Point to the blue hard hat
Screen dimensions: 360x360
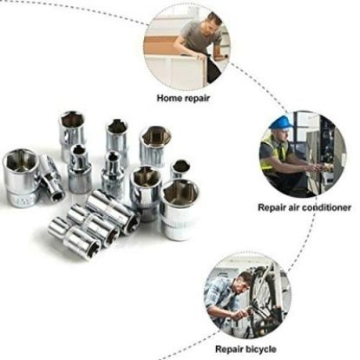tap(280, 122)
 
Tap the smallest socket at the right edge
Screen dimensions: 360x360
tap(180, 168)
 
